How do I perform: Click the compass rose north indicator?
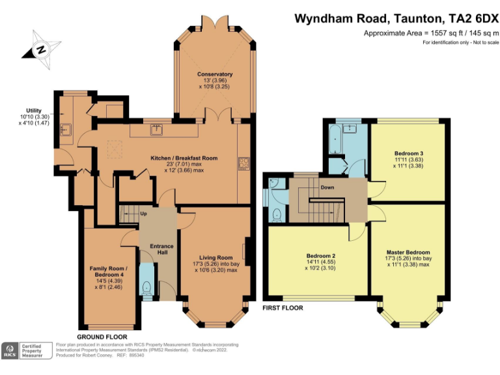coord(40,49)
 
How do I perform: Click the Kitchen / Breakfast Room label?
coord(184,158)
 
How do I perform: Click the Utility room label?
coord(34,111)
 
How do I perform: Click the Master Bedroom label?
coord(408,253)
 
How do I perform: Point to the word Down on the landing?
coord(327,187)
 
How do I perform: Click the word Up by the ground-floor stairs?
coord(143,214)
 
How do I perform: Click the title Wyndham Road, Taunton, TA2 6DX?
coord(396,18)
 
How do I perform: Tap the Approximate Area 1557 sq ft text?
coord(430,33)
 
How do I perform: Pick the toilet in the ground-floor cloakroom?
coord(146,287)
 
